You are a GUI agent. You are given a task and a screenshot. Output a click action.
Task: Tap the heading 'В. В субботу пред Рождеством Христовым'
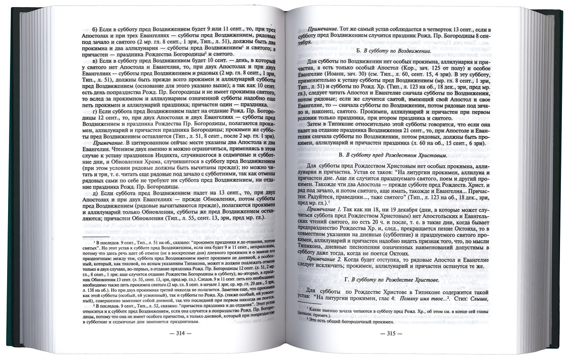pos(393,155)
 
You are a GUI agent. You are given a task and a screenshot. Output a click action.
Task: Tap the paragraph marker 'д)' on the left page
pos(95,197)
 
